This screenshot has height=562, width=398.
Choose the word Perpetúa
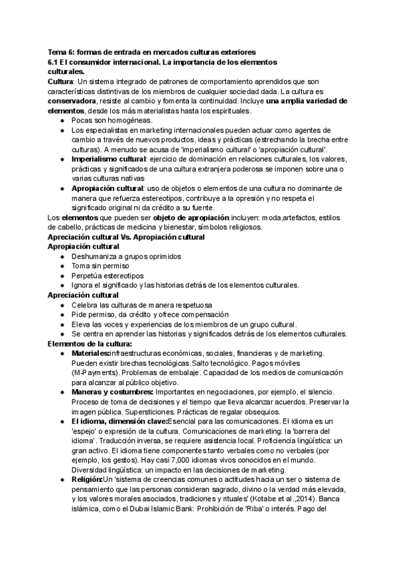click(87, 275)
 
